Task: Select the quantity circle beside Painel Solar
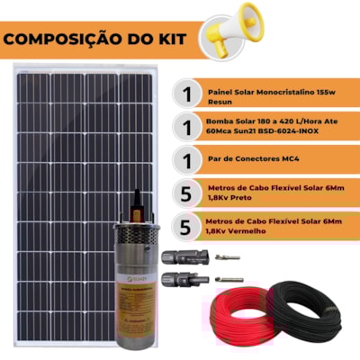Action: (x=186, y=94)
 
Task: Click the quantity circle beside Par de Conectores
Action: (x=186, y=162)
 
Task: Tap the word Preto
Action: (x=239, y=201)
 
